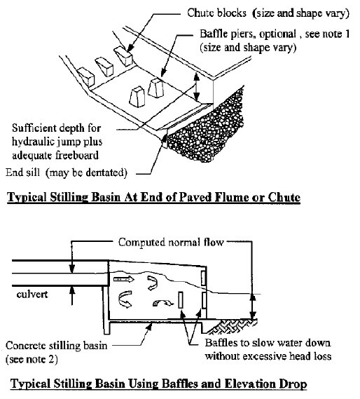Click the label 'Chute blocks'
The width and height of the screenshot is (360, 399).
(x=217, y=13)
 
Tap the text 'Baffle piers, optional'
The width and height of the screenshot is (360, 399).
(x=248, y=34)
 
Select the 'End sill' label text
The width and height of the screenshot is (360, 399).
(x=23, y=173)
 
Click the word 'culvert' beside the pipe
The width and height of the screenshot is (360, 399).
(x=32, y=295)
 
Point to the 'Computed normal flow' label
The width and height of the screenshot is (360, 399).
(x=171, y=242)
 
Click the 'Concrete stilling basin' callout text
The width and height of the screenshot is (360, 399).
(x=57, y=346)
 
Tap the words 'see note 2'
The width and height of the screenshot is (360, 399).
(x=32, y=359)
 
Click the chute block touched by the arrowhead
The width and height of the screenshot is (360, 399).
(x=123, y=55)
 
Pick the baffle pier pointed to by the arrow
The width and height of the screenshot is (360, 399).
(x=155, y=88)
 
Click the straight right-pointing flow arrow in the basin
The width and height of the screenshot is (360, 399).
(x=124, y=279)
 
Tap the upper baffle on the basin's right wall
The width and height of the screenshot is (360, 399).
(x=203, y=278)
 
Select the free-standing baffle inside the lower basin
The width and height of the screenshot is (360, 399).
(x=181, y=300)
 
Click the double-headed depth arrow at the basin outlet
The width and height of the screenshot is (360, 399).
(x=252, y=306)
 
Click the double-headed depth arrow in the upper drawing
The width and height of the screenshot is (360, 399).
(x=196, y=86)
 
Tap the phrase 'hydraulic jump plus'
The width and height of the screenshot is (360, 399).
(x=57, y=142)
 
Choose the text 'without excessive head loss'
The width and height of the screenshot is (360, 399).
(x=268, y=356)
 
